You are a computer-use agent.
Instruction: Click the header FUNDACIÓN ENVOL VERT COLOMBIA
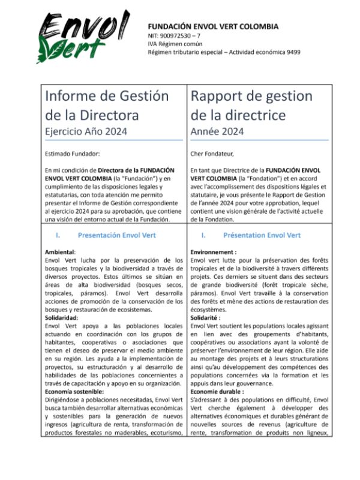[x=213, y=27]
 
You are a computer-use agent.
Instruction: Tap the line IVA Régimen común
[x=175, y=44]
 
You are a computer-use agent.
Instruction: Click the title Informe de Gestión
[x=107, y=96]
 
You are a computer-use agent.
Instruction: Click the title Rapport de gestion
[x=251, y=96]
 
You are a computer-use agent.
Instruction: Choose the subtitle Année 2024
[x=218, y=129]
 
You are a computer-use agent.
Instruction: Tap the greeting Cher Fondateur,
[x=214, y=153]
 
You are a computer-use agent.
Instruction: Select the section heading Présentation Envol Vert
[x=262, y=235]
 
